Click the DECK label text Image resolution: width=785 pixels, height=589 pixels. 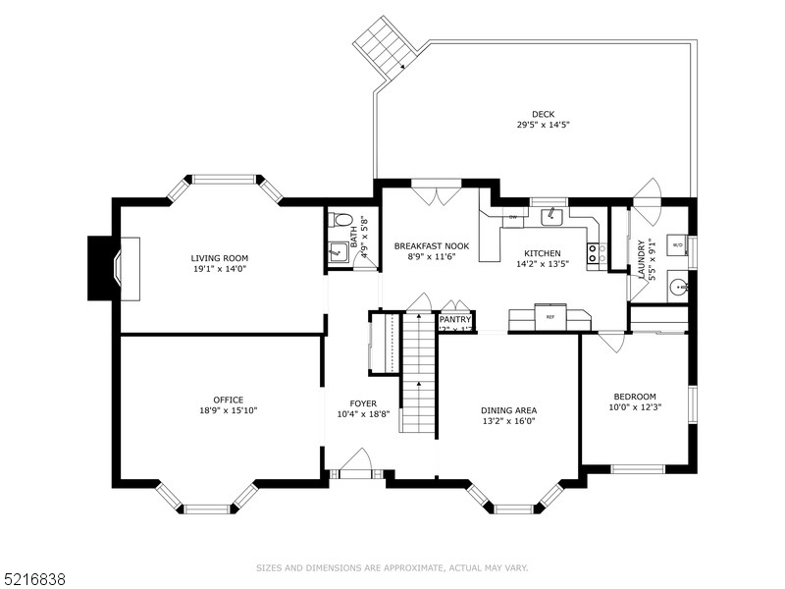coord(544,114)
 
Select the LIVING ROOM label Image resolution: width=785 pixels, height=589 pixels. coord(220,258)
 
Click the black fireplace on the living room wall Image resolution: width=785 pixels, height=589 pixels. coord(103,268)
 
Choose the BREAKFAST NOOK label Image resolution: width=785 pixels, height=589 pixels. coord(432,245)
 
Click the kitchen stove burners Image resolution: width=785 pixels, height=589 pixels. coord(594,254)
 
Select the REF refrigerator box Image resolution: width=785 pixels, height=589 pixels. coord(549,318)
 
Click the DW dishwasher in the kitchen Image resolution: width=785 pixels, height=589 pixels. coord(512,216)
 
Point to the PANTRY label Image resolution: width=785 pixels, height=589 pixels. coord(455,319)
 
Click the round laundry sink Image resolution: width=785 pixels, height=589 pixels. coord(677,288)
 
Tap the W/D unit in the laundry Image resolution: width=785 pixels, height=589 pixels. coord(677,242)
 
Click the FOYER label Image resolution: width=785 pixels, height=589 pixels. coord(363,403)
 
